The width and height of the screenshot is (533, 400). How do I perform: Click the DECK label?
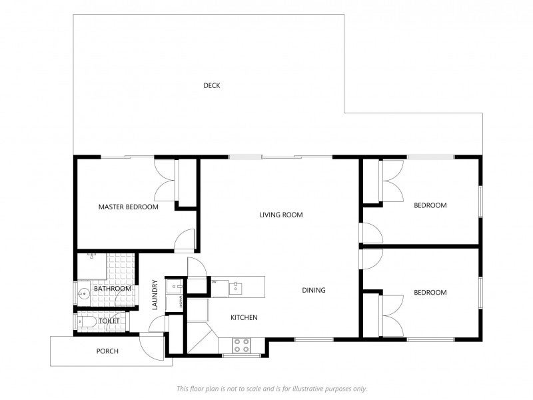[212, 85]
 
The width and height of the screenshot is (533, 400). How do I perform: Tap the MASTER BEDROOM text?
[129, 207]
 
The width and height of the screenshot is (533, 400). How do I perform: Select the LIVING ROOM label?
[281, 215]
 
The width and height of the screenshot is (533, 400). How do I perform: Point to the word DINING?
[314, 290]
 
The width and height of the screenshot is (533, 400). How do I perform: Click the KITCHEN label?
[244, 317]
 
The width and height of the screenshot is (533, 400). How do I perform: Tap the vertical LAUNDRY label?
[155, 295]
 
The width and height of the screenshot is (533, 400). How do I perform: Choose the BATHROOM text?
[113, 289]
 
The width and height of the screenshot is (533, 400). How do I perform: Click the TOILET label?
[109, 321]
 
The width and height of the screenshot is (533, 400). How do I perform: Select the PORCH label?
[107, 351]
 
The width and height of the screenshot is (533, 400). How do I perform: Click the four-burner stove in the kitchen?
[241, 345]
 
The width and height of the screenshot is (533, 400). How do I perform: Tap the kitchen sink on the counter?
[235, 287]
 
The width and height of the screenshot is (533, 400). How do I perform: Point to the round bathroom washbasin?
[83, 293]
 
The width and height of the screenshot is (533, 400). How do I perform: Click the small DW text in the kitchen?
[214, 282]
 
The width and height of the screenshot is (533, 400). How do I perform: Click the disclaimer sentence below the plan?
[271, 388]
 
